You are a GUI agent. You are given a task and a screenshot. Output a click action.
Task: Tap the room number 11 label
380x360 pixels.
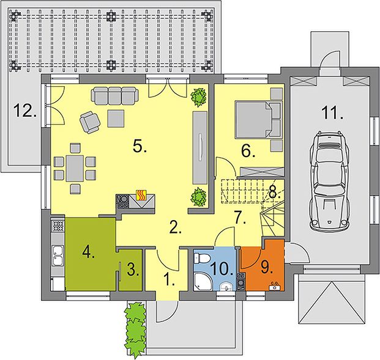tap(332, 113)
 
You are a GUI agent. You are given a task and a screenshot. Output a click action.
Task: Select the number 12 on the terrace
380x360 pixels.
tap(25, 110)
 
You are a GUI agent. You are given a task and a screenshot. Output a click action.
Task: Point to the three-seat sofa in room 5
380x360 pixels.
tap(115, 96)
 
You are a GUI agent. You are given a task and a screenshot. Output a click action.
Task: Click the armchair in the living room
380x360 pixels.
tap(90, 122)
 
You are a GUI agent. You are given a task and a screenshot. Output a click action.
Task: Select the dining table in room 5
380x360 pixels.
tap(75, 168)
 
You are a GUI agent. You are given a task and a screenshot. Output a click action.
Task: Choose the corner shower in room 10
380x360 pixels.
tap(202, 282)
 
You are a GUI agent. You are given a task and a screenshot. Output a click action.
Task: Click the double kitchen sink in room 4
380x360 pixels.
tap(58, 255)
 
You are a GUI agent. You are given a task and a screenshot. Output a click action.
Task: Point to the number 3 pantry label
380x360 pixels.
tap(133, 270)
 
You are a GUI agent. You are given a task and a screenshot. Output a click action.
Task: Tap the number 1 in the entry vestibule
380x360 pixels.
tap(169, 279)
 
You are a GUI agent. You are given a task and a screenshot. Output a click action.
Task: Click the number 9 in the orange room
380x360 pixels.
tap(267, 268)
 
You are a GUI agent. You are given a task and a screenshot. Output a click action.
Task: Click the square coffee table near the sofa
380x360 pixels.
tap(116, 119)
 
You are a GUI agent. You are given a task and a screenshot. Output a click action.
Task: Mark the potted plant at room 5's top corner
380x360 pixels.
tap(199, 97)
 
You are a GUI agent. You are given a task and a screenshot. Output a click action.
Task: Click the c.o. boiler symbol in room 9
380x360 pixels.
tap(275, 287)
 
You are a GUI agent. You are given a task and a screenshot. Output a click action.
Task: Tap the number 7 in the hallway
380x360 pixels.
tap(240, 217)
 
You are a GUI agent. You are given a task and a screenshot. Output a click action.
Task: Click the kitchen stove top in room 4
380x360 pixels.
tap(58, 226)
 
